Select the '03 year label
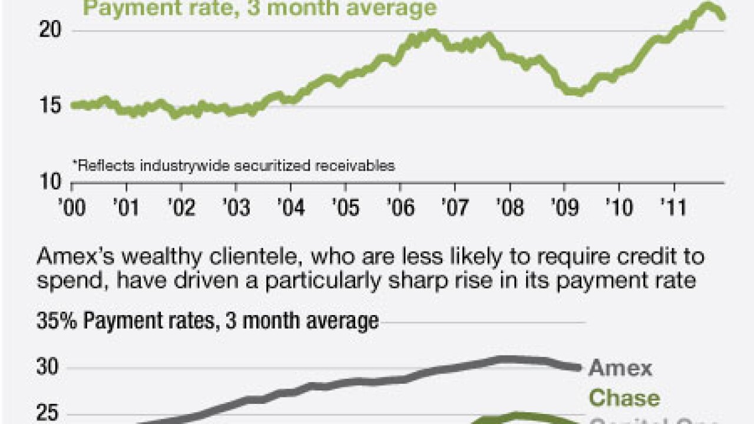click(x=236, y=206)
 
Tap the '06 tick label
click(x=400, y=206)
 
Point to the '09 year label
click(x=564, y=206)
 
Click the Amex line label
click(x=620, y=369)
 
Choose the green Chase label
click(x=624, y=398)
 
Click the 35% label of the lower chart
click(x=57, y=322)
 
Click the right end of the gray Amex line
click(x=578, y=367)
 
